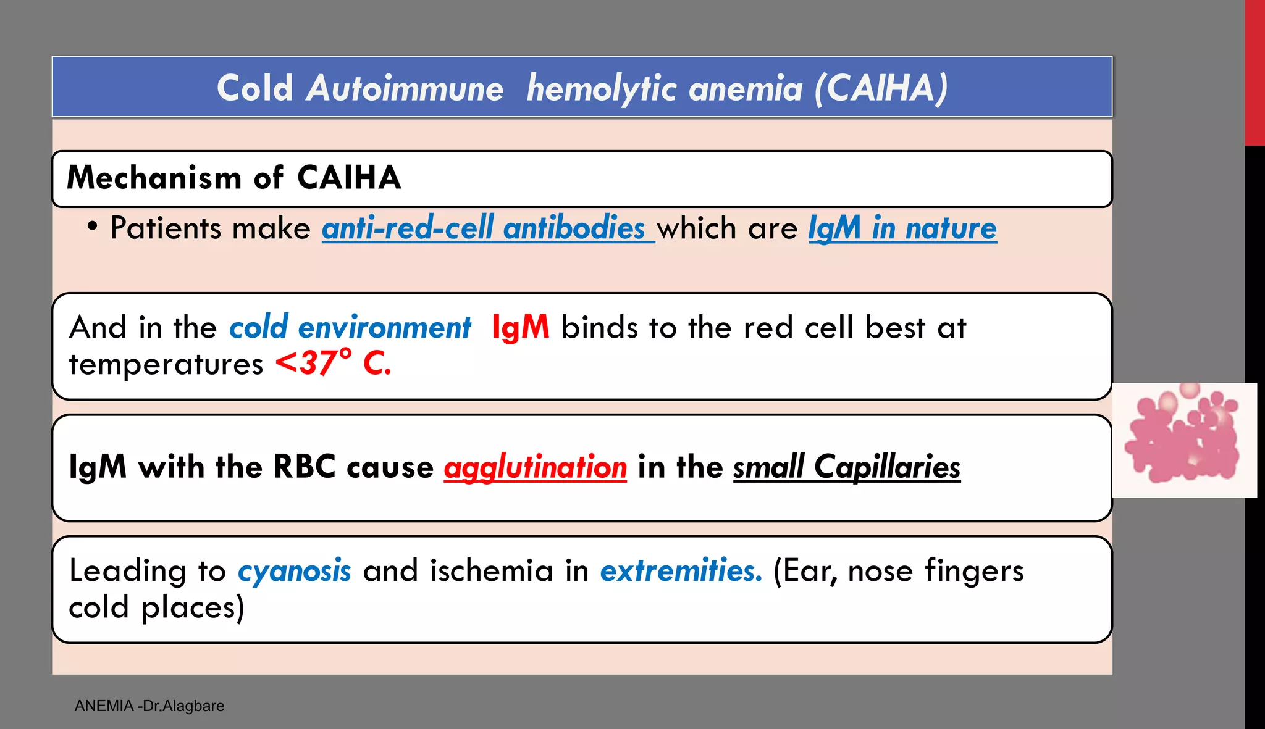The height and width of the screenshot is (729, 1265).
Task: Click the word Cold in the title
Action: pos(254,88)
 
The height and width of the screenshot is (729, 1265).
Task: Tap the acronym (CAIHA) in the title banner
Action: pos(881,88)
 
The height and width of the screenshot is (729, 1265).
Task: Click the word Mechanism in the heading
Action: pos(154,178)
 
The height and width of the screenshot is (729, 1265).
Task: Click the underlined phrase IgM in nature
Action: pos(902,228)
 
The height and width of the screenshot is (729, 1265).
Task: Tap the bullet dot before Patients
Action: pos(92,227)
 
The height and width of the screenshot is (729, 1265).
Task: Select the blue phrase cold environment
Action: pos(350,327)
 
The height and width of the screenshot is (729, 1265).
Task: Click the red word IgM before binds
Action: pos(520,327)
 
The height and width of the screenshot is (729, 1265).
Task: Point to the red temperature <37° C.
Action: pos(334,363)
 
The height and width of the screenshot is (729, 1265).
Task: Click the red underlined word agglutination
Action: pos(535,467)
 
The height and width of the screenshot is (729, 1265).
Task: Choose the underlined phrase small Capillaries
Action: pos(847,467)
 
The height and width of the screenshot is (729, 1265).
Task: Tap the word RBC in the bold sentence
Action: pos(305,467)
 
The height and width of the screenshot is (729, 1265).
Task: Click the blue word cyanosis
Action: pos(294,570)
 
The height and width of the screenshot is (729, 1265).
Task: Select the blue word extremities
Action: pos(681,570)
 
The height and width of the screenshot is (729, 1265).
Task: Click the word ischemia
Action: pos(491,570)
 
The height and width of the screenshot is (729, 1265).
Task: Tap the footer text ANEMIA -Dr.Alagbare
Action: pos(149,706)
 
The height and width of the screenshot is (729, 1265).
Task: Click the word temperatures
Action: pos(166,364)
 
